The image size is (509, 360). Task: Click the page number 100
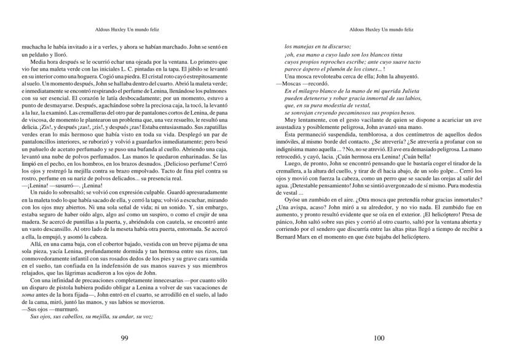(x=379, y=338)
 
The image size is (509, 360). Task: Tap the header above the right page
(x=379, y=28)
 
